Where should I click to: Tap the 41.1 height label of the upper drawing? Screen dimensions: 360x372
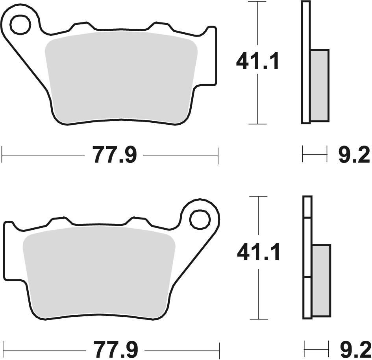click(x=257, y=62)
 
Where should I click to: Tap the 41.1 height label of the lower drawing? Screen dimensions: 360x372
click(x=258, y=252)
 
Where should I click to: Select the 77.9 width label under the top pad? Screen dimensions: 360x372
click(x=115, y=155)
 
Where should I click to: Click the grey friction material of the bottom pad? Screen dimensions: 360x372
click(x=98, y=271)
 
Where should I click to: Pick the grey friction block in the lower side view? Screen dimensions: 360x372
click(x=321, y=280)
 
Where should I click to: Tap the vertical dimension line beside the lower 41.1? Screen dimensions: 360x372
click(x=259, y=291)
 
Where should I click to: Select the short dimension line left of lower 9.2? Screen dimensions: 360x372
click(x=316, y=349)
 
